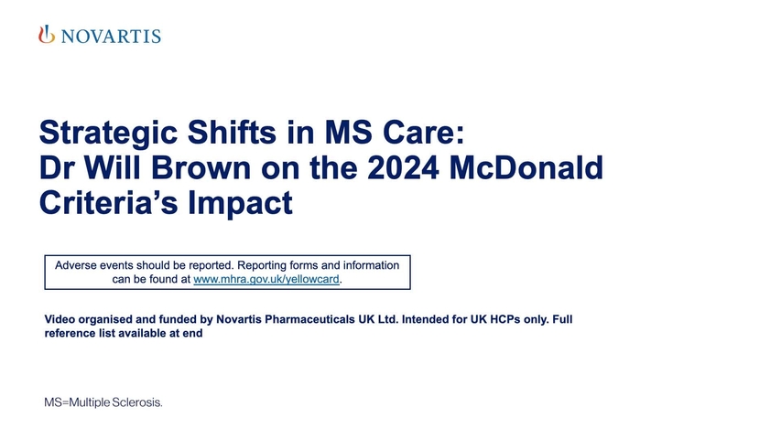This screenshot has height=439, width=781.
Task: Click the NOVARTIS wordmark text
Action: (x=110, y=37)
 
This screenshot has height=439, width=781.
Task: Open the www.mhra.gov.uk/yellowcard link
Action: (x=266, y=280)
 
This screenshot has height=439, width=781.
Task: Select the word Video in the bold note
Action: (x=61, y=319)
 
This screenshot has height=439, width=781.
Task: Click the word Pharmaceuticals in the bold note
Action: (x=301, y=319)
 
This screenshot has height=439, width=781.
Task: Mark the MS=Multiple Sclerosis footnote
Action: (x=103, y=402)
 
